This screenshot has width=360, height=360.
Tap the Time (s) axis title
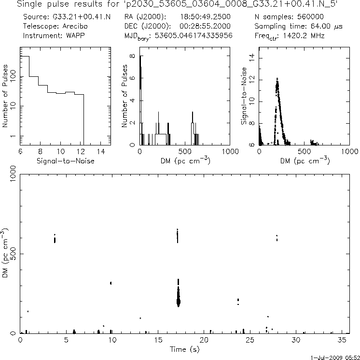coord(183,348)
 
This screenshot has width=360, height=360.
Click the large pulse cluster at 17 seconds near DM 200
coord(178,300)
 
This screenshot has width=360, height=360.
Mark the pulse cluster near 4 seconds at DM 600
coord(55,239)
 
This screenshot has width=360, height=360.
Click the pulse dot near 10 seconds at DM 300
coord(111,283)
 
